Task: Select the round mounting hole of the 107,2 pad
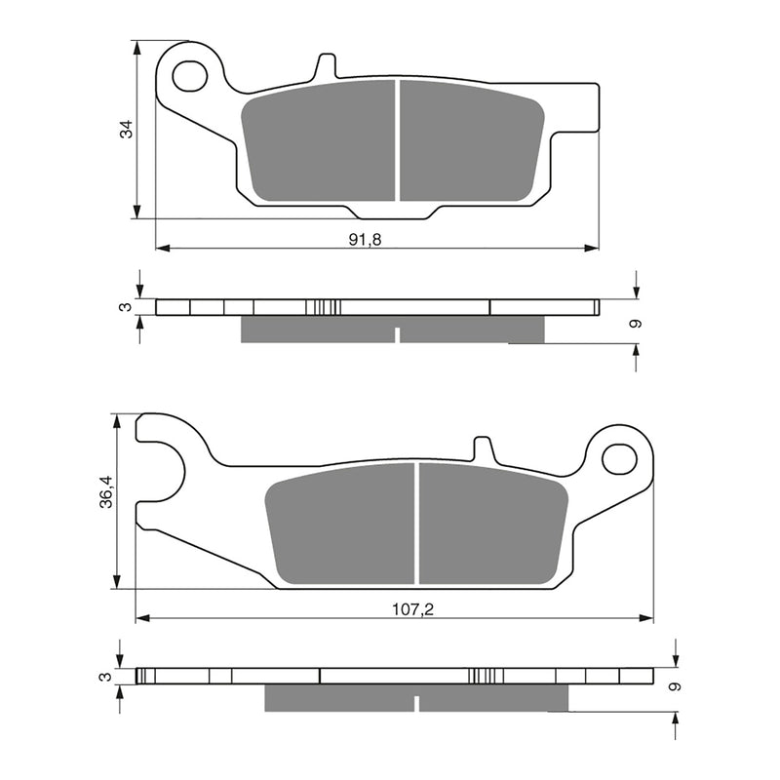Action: click(618, 456)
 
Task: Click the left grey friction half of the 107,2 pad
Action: click(339, 524)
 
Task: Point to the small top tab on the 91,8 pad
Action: click(326, 66)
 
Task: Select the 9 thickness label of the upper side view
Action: click(635, 324)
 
